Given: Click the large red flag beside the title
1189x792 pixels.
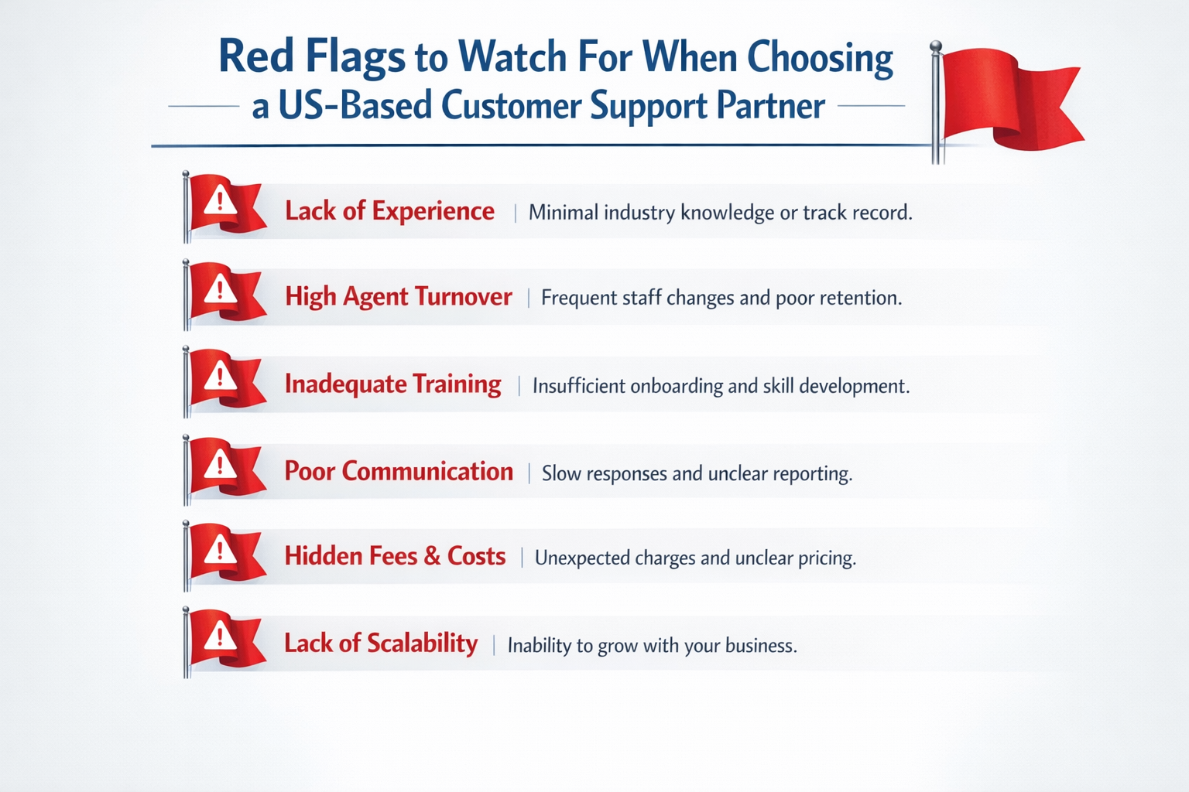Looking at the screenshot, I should click(1006, 97).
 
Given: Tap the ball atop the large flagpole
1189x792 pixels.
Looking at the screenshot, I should click(936, 46).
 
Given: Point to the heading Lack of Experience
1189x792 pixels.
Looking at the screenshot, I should click(389, 211).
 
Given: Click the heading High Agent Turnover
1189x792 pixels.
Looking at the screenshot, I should click(398, 297).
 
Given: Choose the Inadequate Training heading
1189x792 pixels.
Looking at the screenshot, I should click(392, 384).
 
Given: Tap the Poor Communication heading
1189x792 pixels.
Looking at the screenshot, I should click(398, 472).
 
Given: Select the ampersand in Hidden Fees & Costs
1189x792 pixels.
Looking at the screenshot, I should click(432, 557).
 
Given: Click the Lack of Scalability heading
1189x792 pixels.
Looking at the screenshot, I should click(380, 643).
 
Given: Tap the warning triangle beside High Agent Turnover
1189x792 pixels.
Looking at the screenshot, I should click(221, 291).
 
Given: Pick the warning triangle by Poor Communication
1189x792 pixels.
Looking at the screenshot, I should click(221, 465).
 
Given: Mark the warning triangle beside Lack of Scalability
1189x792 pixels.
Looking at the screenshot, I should click(221, 637).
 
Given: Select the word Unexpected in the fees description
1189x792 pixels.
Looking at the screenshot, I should click(581, 558).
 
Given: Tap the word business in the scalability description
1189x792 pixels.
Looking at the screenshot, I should click(760, 646).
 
